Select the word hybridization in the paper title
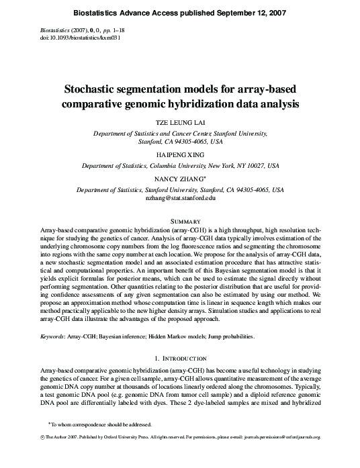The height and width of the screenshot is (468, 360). tap(210, 104)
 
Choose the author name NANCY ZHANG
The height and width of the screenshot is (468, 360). tap(179, 181)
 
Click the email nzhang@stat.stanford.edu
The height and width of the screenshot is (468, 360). tap(180, 199)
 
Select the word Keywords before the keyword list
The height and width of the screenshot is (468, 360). tap(55, 335)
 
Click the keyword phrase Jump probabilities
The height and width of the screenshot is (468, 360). tap(262, 335)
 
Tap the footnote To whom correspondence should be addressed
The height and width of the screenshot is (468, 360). tap(101, 442)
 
